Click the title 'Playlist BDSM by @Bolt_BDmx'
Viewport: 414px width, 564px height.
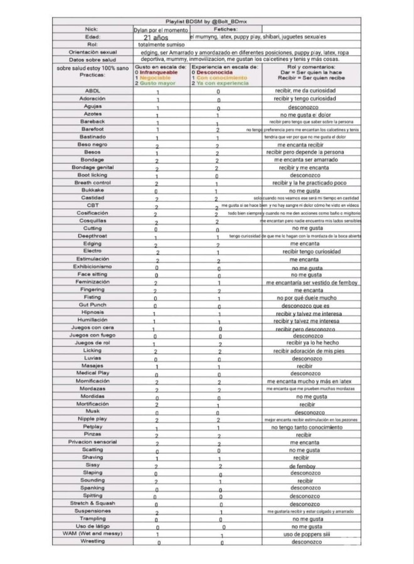coord(208,21)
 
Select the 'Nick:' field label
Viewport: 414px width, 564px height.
coord(92,29)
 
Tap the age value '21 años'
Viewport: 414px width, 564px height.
coord(156,38)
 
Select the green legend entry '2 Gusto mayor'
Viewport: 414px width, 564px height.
coord(156,83)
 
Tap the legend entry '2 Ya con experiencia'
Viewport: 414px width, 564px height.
coord(217,83)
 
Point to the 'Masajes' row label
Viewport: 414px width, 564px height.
coord(92,365)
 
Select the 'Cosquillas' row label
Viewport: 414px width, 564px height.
coord(92,221)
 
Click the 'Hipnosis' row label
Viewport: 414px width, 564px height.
coord(92,312)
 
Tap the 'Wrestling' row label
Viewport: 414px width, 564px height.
coord(92,541)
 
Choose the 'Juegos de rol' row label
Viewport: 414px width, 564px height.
coord(92,343)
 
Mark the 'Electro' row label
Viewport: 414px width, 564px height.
coord(92,251)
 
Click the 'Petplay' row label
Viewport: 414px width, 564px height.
coord(92,426)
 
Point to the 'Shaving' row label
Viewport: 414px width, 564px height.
coord(92,457)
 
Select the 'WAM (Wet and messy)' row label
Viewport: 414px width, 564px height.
coord(92,533)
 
